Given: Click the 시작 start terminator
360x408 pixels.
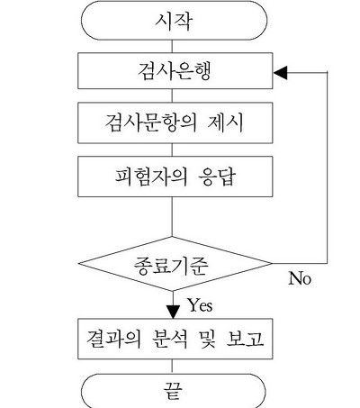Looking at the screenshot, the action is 174,21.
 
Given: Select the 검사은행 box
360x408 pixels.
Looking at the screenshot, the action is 175,71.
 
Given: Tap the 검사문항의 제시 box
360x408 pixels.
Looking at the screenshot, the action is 175,122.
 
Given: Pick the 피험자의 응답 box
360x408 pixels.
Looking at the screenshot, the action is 175,177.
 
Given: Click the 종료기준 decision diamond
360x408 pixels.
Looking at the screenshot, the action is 175,264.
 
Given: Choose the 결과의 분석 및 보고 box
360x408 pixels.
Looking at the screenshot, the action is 175,339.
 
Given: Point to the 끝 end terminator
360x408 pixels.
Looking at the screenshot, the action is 174,391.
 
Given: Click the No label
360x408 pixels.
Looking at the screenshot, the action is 300,278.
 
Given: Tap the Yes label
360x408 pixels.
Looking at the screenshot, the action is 201,305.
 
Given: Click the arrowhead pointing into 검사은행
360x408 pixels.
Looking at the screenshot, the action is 280,73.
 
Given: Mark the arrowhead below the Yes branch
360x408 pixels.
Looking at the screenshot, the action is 173,312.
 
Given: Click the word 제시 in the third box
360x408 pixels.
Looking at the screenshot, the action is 225,122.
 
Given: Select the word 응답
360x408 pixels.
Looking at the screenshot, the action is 218,177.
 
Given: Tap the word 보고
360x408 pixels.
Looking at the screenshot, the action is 245,339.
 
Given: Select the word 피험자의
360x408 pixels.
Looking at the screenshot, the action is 151,177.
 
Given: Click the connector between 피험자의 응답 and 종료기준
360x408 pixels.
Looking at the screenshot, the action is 172,217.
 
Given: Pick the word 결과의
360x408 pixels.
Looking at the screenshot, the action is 114,339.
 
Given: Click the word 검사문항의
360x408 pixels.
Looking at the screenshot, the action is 151,122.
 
